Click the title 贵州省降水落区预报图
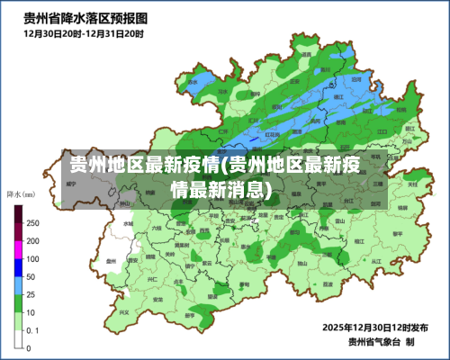click(85, 17)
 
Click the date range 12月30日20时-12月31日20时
click(83, 33)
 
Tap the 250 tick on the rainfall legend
click(32, 223)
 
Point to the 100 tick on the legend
click(32, 258)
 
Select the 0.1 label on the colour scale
click(31, 329)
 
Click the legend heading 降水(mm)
click(21, 193)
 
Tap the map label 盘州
click(110, 261)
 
